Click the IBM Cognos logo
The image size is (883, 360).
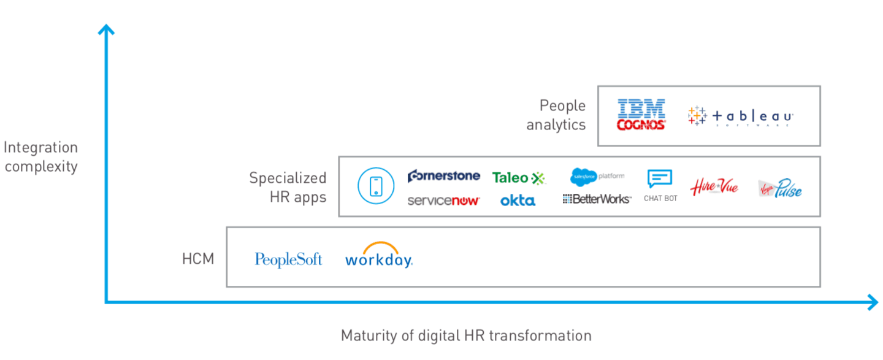click(641, 115)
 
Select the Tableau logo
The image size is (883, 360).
click(740, 116)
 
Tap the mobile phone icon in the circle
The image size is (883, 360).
click(376, 186)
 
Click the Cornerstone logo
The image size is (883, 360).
click(443, 176)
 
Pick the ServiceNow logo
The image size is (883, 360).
click(443, 201)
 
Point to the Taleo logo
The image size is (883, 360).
click(518, 178)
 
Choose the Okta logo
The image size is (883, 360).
click(518, 201)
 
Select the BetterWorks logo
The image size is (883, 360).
click(597, 199)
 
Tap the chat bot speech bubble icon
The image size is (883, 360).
click(660, 179)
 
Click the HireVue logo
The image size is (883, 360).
click(714, 186)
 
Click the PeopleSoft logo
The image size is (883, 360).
click(288, 259)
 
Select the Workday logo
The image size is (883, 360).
click(378, 255)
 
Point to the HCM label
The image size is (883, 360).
click(198, 259)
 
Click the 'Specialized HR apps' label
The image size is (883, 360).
click(288, 187)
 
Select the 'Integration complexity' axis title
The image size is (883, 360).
click(40, 157)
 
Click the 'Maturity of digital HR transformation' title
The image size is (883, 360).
click(465, 335)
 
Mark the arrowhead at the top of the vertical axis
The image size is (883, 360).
click(107, 29)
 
